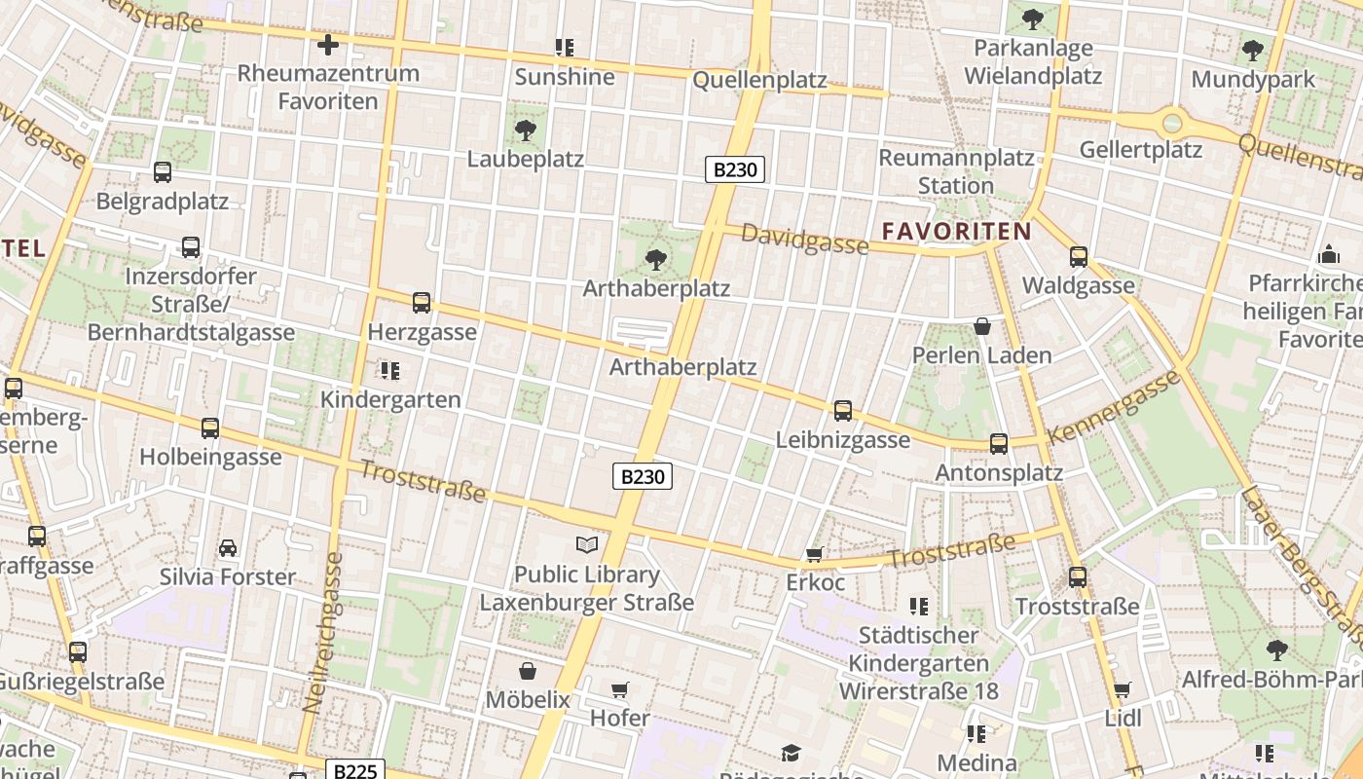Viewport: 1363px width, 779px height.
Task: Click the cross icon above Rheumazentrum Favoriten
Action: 328,44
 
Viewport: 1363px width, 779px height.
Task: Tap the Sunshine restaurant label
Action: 565,77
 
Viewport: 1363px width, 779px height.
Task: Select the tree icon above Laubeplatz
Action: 525,130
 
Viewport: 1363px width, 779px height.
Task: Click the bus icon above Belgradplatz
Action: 163,172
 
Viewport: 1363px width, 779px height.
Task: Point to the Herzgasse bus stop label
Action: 422,332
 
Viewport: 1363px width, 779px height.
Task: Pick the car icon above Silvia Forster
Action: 228,548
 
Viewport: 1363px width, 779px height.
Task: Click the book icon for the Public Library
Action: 586,544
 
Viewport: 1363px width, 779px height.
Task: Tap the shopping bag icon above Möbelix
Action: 527,671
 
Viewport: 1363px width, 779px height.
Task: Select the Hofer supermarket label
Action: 620,719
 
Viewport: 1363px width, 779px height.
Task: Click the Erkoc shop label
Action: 815,583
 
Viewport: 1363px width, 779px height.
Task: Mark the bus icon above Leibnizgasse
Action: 843,411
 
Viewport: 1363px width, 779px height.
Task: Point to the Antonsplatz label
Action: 998,473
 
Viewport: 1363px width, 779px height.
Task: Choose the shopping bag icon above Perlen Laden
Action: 981,326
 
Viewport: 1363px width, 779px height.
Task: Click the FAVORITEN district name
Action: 955,231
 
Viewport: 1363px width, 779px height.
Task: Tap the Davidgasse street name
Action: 804,239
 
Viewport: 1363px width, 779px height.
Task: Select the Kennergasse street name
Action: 1114,406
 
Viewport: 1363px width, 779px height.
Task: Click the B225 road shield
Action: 354,771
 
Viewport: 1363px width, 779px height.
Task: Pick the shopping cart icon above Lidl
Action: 1123,690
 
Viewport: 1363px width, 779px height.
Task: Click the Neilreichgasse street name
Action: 323,633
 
